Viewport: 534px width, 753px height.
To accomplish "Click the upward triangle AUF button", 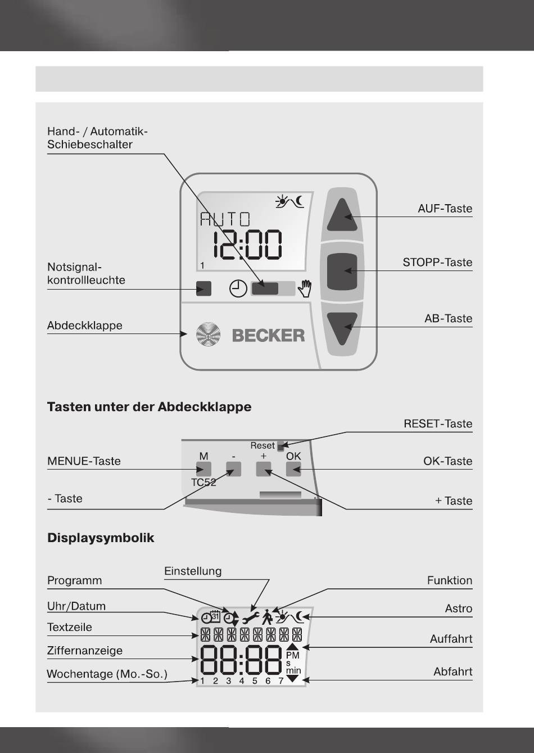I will coord(342,215).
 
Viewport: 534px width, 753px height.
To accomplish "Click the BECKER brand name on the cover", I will coord(268,336).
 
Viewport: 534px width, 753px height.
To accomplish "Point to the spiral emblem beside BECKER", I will coord(208,335).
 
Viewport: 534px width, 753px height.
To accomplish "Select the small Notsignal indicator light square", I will coord(203,289).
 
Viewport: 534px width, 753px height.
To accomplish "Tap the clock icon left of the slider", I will coord(238,289).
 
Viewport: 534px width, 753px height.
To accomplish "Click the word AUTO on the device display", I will coord(225,219).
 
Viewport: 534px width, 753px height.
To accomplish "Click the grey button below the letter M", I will coord(203,469).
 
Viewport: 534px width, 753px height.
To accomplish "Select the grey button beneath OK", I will coord(293,469).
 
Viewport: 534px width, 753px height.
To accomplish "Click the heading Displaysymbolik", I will coord(101,538).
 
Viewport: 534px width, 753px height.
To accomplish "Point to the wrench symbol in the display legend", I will coord(250,618).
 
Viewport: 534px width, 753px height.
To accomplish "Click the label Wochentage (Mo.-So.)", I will coord(107,674).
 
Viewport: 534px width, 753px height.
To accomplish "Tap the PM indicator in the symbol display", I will coord(293,655).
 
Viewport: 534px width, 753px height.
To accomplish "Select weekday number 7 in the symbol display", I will coord(281,681).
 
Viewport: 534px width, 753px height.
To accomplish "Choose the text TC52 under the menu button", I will coord(203,483).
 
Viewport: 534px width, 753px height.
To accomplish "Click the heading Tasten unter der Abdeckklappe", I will coord(149,407).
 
